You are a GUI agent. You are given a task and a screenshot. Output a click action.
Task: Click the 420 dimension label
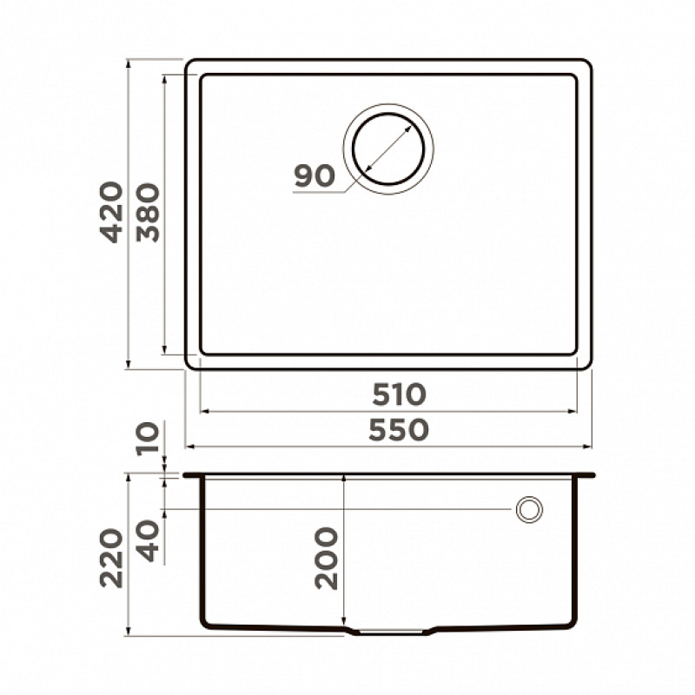click(111, 212)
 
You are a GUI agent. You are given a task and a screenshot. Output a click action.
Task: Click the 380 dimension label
click(148, 213)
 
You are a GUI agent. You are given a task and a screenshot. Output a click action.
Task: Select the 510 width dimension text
click(399, 394)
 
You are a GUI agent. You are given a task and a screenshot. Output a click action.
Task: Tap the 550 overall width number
click(399, 429)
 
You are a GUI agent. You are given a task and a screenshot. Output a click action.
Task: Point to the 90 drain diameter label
click(314, 175)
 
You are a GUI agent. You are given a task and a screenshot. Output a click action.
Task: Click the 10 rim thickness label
click(148, 439)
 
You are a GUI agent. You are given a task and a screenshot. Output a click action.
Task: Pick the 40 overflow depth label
click(148, 541)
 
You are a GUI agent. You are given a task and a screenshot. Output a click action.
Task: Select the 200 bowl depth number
click(327, 558)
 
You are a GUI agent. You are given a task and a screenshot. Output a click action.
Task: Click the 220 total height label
click(111, 559)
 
